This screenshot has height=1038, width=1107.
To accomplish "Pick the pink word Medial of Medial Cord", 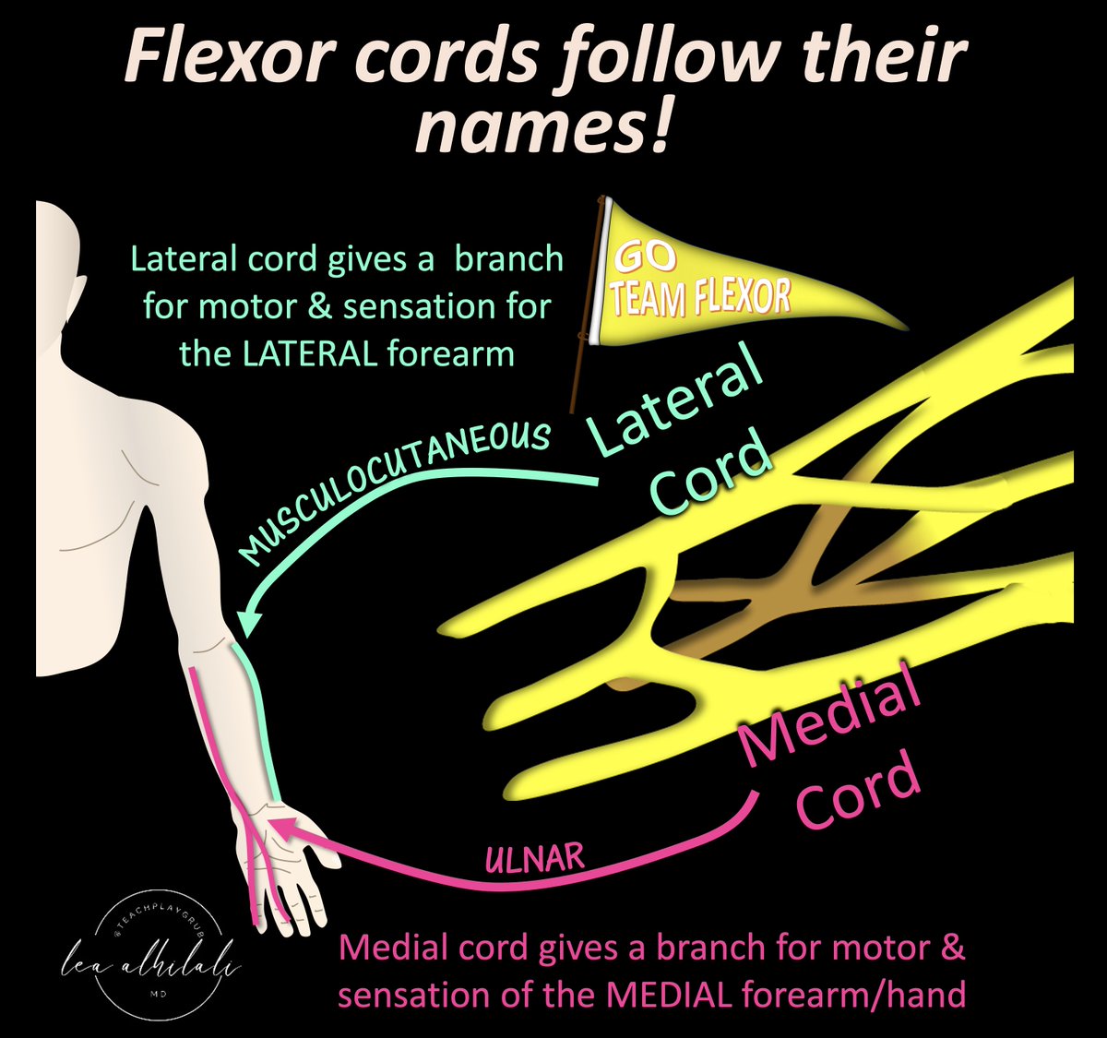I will pyautogui.click(x=830, y=714).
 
